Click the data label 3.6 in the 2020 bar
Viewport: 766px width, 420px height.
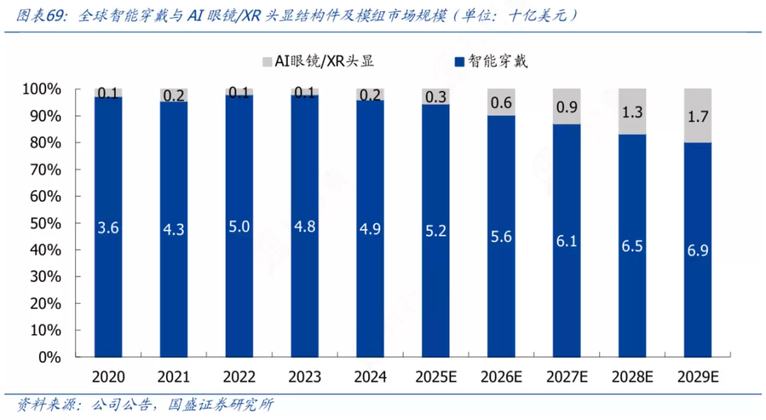[x=108, y=227]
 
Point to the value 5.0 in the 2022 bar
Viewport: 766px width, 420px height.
[x=239, y=227]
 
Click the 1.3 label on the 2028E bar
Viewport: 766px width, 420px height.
[x=632, y=112]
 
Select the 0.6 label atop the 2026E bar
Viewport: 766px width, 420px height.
[x=501, y=102]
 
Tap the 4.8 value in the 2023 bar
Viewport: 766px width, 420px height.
[x=304, y=227]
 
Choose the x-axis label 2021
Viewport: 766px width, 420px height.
[x=174, y=377]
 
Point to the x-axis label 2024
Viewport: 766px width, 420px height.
[x=370, y=377]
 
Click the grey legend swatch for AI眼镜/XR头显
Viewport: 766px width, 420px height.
[x=267, y=61]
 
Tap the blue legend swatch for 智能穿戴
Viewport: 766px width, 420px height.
[x=459, y=61]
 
